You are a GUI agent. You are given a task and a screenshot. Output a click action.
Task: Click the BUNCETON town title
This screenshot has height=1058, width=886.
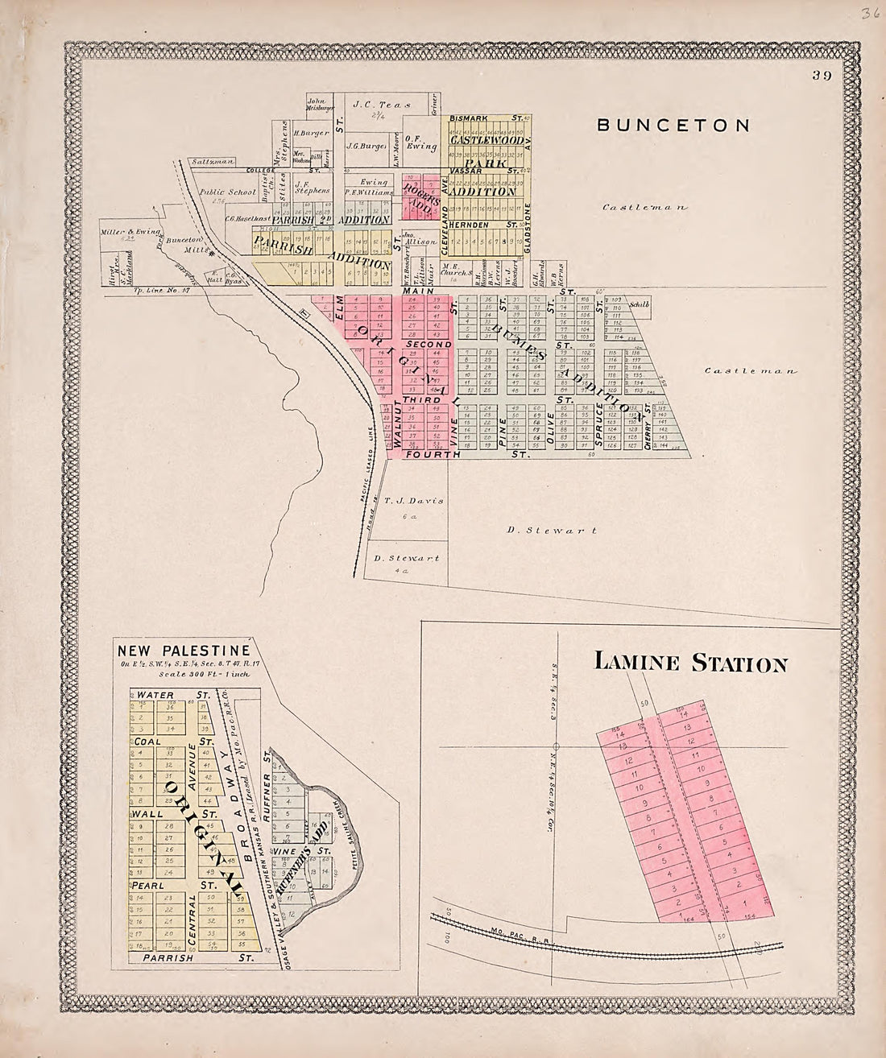[673, 125]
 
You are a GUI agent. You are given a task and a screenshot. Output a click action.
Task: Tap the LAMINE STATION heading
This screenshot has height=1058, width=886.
[690, 663]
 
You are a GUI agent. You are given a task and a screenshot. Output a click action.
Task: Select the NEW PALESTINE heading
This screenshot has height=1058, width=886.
[184, 651]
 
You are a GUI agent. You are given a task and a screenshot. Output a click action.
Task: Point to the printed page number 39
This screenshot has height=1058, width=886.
[822, 76]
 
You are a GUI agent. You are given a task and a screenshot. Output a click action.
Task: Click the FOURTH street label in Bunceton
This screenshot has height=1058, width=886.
[433, 455]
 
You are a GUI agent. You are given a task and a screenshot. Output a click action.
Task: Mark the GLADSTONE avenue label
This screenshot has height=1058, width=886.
[529, 228]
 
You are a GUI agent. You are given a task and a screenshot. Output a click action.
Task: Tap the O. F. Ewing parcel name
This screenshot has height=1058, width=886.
[420, 142]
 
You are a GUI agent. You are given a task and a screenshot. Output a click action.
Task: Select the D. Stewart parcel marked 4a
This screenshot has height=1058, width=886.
[403, 558]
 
